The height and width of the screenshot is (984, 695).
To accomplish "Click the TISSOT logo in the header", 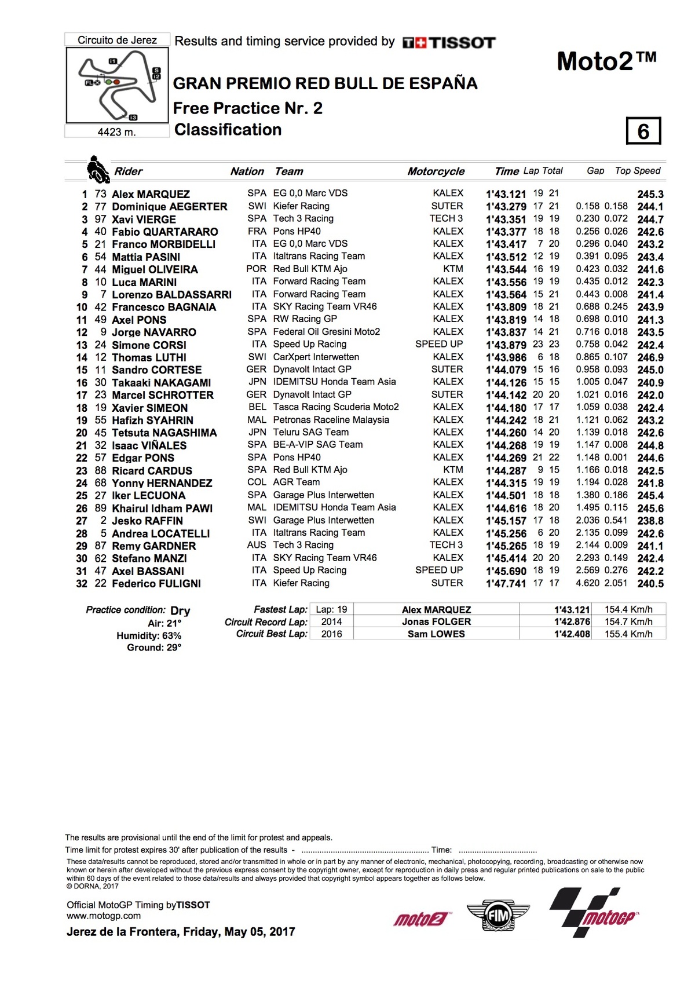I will coord(449,42).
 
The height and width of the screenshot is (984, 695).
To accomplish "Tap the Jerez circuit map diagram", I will coord(118,85).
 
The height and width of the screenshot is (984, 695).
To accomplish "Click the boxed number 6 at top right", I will coord(643,131).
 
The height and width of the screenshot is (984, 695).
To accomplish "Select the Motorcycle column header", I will coord(436,171).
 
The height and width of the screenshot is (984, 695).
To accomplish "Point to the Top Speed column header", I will coord(637,171).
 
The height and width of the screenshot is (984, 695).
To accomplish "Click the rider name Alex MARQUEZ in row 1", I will coord(151,194).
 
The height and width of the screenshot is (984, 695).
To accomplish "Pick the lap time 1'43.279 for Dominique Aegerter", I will coord(506,207).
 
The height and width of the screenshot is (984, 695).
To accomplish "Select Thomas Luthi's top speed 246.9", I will coord(650,357).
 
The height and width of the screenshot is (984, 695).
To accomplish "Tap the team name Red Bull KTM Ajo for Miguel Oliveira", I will coord(310,269).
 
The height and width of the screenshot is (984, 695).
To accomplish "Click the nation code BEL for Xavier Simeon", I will coord(257,407).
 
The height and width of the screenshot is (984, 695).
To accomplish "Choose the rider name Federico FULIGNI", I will coord(156,584).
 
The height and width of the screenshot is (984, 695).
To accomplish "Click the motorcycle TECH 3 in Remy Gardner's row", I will coord(446,545).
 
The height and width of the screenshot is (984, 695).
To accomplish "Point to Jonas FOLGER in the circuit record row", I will coord(436,622).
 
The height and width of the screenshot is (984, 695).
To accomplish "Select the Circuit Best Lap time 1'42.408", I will coord(572,634).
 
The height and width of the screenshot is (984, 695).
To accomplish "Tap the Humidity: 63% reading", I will coord(149,636).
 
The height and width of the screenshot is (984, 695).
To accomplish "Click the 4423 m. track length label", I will coord(117,132).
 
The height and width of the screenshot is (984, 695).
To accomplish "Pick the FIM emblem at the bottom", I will coord(498,917).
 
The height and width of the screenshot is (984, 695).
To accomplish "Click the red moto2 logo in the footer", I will coord(421,919).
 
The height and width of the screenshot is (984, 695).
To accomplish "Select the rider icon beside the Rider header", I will coord(98,170).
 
